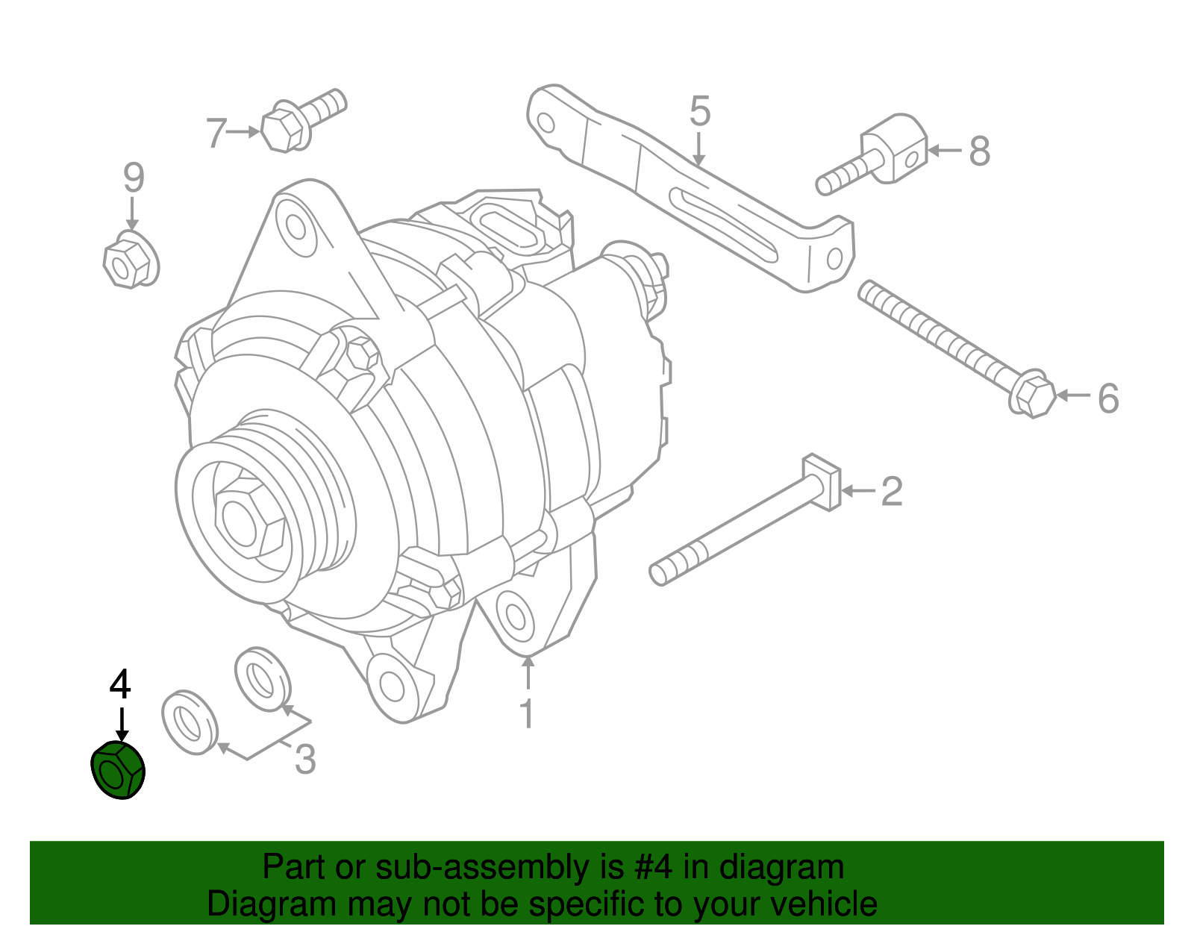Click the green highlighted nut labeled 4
pos(117,771)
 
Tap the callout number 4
pos(120,684)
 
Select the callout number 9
pos(133,178)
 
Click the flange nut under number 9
pos(130,260)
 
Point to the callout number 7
pos(216,134)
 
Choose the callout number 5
pos(699,111)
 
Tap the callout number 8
pos(979,151)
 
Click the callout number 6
pos(1108,398)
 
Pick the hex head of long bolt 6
pos(1034,395)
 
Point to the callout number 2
pos(892,492)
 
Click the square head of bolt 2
pos(822,481)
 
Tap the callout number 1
pos(527,714)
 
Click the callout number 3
pos(305,760)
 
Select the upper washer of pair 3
pos(262,679)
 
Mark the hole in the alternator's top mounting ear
pos(291,225)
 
